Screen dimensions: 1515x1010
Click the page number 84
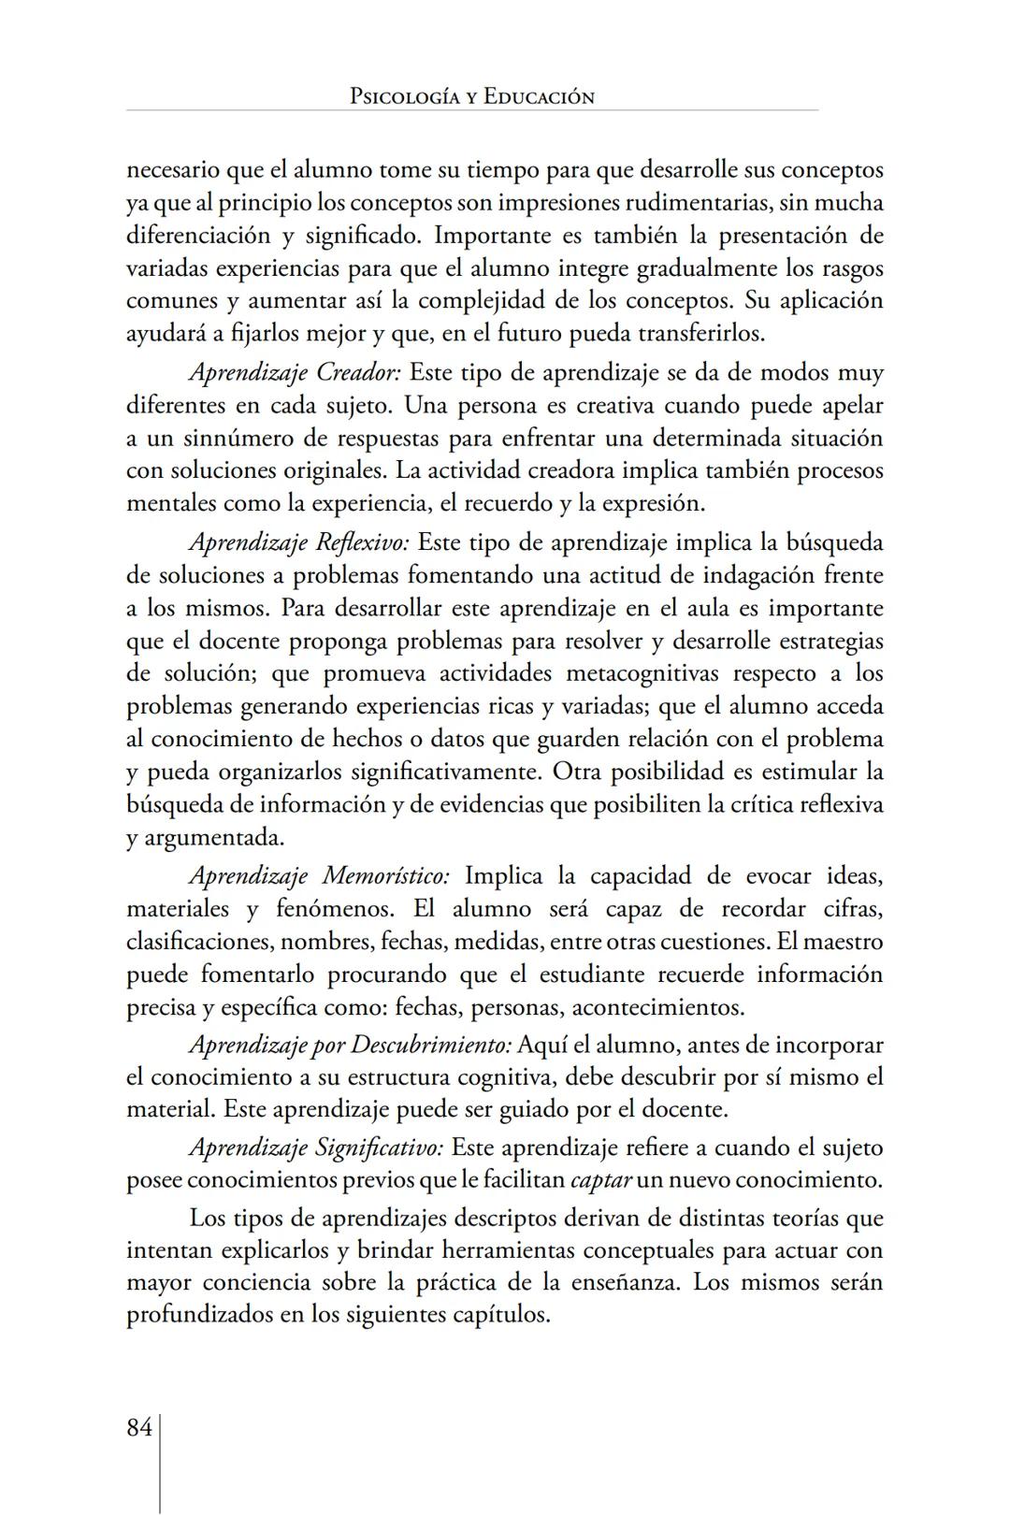[x=138, y=1428]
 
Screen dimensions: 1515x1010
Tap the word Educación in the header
[x=539, y=96]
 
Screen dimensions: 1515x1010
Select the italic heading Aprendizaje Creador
[x=295, y=373]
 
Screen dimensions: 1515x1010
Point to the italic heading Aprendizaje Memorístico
[x=319, y=876]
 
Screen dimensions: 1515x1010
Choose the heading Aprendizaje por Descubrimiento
[x=350, y=1045]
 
